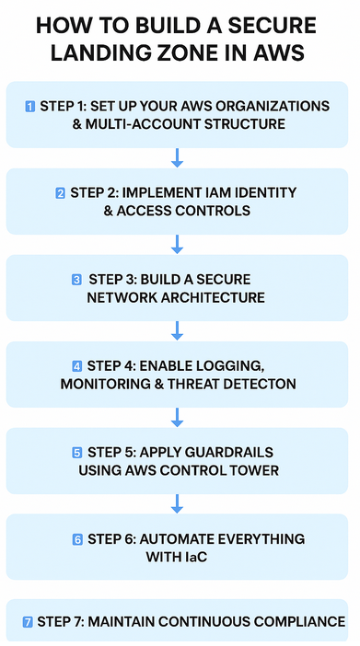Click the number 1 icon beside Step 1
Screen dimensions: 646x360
coord(30,107)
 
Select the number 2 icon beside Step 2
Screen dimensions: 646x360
coord(60,193)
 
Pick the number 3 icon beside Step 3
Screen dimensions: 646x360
coord(76,280)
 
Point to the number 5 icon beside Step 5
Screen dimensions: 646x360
coord(77,453)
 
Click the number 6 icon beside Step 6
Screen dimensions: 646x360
coord(77,539)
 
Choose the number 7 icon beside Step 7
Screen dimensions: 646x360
coord(27,622)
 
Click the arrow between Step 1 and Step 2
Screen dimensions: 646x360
coord(178,158)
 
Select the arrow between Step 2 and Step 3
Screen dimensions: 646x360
coord(178,245)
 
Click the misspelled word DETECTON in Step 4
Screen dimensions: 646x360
coord(261,384)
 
